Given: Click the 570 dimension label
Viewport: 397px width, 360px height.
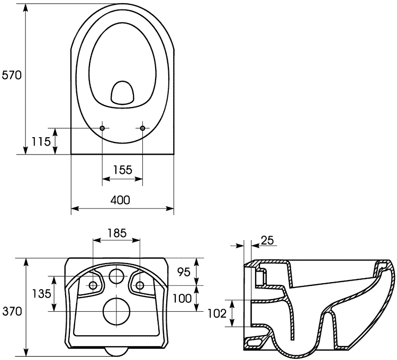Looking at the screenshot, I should [x=12, y=75].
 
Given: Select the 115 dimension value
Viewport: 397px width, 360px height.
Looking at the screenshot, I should [x=41, y=141].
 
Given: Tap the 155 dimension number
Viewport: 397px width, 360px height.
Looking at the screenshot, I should [x=122, y=170].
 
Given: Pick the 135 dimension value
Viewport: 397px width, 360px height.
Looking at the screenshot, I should [x=40, y=293].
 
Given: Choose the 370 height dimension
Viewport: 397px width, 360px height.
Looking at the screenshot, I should [x=12, y=311].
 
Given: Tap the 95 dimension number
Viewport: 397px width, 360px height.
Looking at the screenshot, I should [x=184, y=272].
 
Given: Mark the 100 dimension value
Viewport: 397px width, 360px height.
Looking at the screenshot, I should [x=182, y=299].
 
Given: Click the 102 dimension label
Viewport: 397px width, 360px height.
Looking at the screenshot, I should [x=218, y=313].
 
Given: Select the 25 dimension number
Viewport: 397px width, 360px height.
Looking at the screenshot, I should [x=268, y=240].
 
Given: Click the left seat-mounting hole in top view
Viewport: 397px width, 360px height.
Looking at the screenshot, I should [x=102, y=128].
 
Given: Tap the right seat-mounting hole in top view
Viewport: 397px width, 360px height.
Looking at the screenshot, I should [x=142, y=128].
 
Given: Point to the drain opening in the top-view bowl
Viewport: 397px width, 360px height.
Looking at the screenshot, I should [x=122, y=92].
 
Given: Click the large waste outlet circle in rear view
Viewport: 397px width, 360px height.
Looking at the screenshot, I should [x=116, y=311].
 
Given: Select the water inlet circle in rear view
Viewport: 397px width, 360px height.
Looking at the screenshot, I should [x=116, y=275].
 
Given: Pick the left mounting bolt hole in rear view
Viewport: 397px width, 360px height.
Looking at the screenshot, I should [x=93, y=285].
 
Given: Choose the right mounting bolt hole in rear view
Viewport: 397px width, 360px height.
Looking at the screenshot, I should [x=140, y=285].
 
